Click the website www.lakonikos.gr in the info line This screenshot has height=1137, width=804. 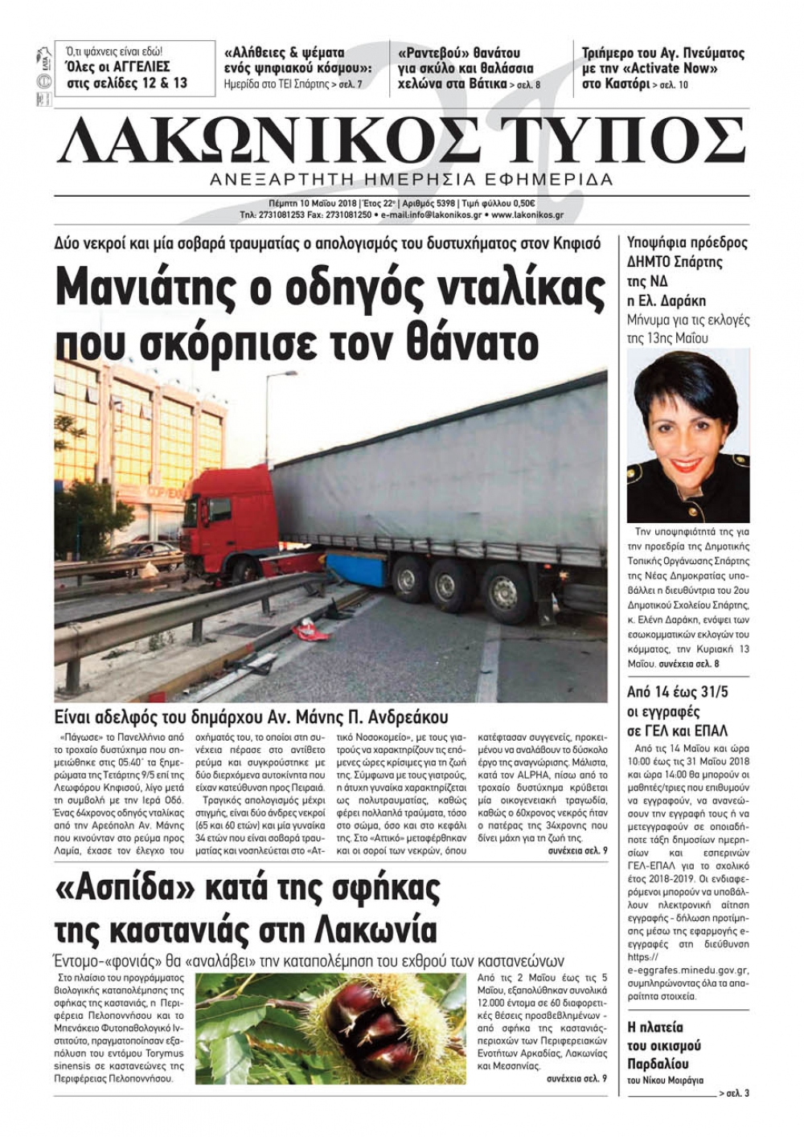tap(527, 215)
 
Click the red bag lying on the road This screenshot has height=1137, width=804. tap(311, 629)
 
